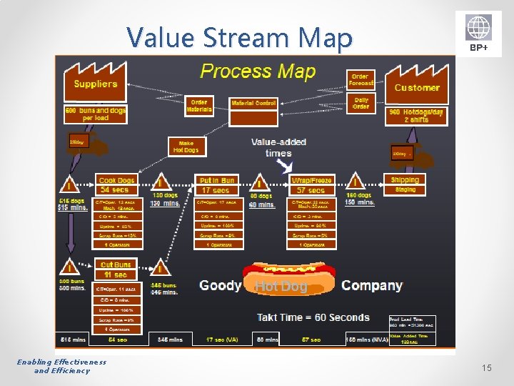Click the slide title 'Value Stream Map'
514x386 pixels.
click(x=239, y=38)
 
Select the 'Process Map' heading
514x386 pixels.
click(x=257, y=71)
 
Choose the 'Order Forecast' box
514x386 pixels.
click(x=361, y=80)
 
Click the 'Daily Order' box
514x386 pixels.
click(x=361, y=103)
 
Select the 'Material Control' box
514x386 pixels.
click(x=253, y=103)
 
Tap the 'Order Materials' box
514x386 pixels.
click(x=199, y=106)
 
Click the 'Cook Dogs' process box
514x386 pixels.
click(x=116, y=185)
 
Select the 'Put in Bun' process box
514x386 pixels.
click(x=216, y=185)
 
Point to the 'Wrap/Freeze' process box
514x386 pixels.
click(x=311, y=185)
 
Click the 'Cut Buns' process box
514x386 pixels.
click(x=116, y=269)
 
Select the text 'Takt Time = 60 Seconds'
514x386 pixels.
click(x=313, y=317)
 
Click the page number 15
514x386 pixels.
click(x=487, y=367)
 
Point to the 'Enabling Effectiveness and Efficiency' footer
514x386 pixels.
click(x=62, y=366)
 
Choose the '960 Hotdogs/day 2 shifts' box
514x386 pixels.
click(x=417, y=116)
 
